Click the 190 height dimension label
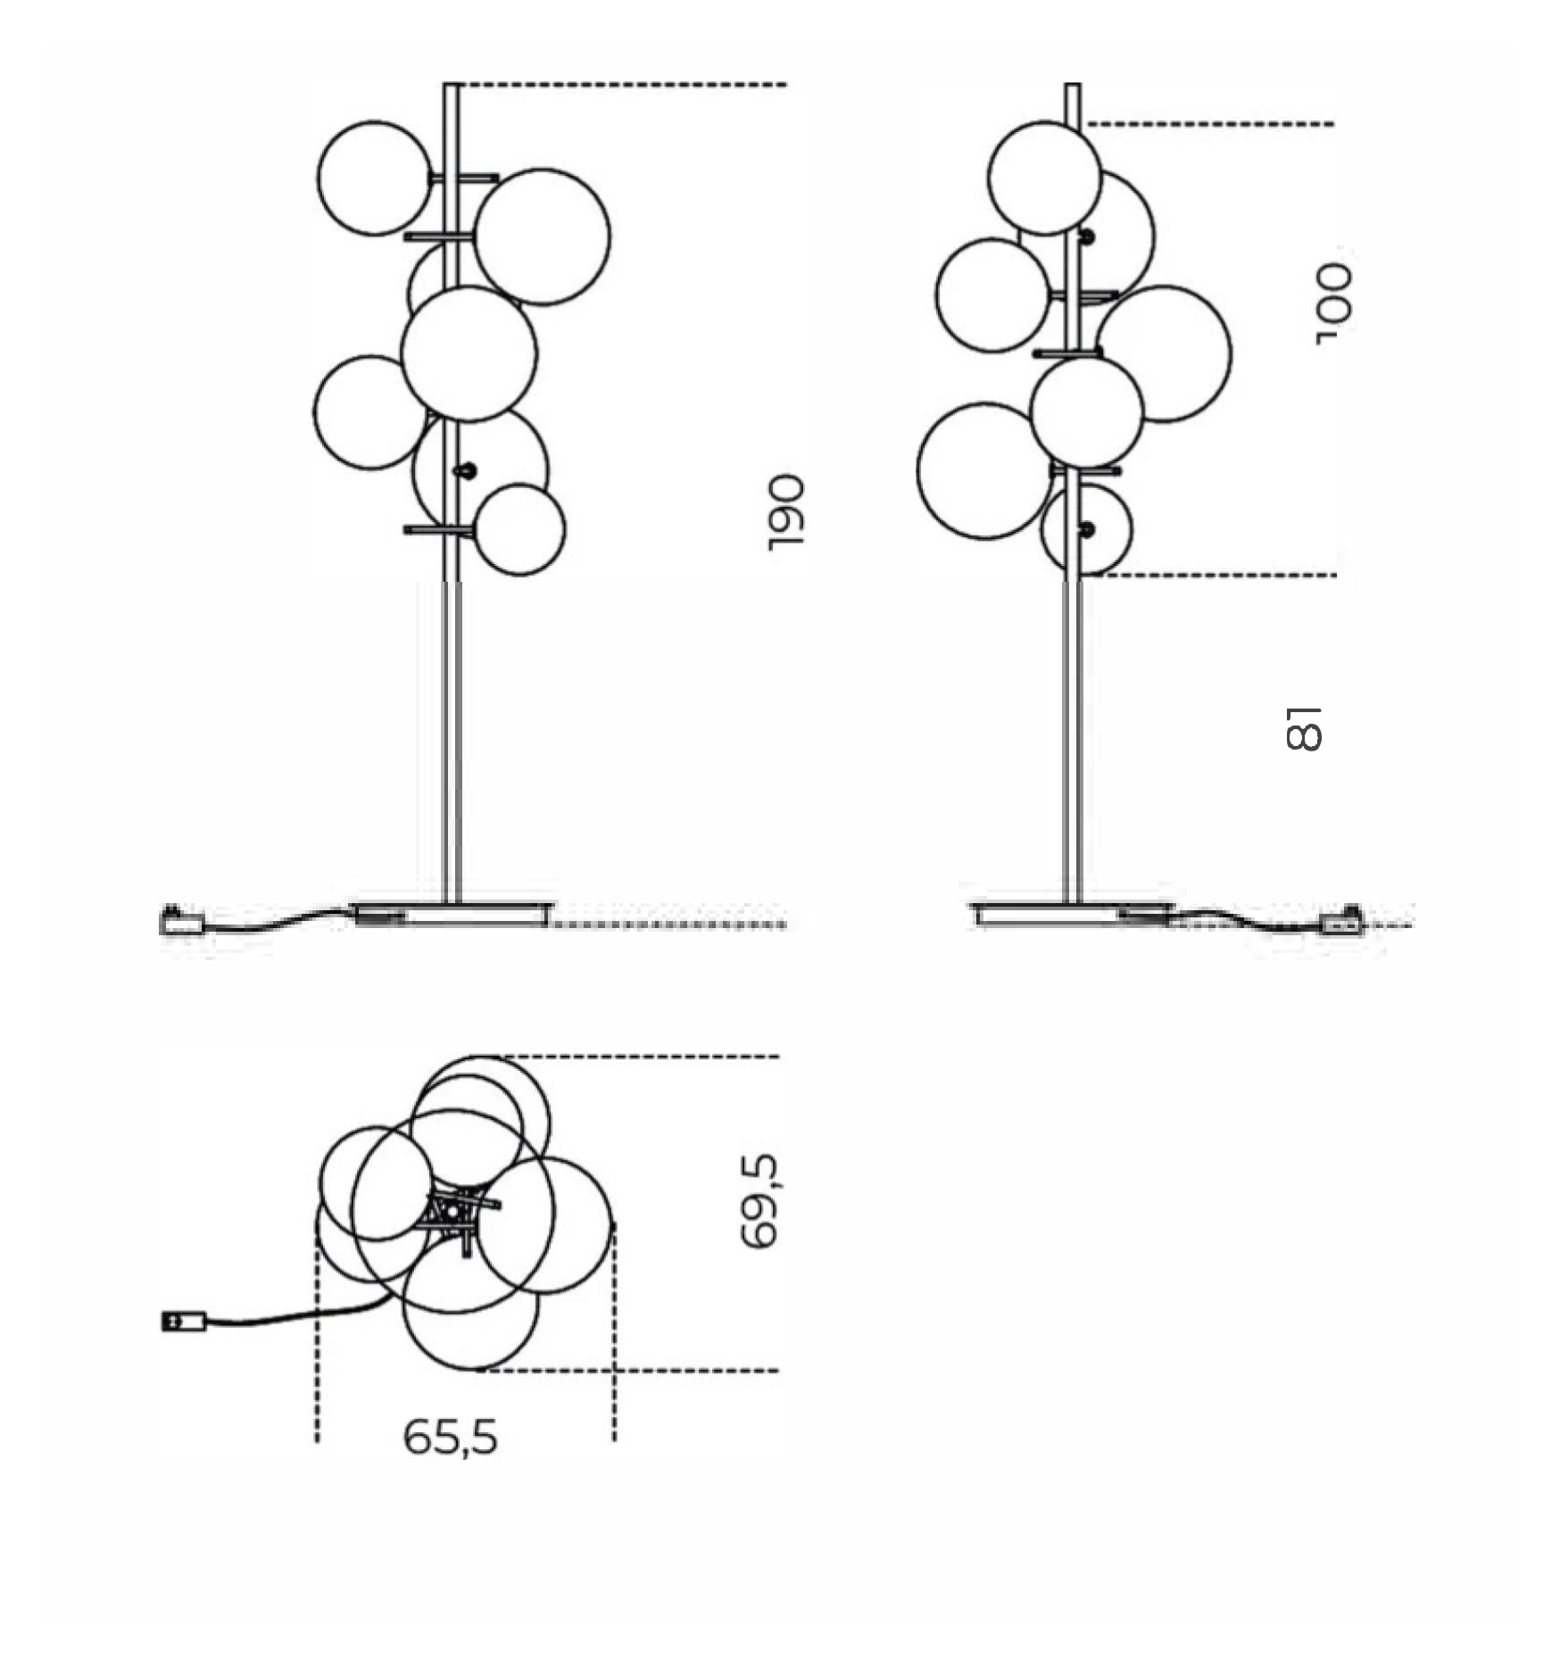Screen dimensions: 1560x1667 pos(786,512)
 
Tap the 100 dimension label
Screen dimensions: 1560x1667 pos(1334,303)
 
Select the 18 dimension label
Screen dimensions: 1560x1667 pos(1303,729)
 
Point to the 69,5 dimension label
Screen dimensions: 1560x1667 pos(759,1201)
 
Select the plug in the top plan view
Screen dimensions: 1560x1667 pos(184,1321)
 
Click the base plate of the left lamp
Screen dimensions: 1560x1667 pos(452,915)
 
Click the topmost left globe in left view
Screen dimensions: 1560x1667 pos(375,178)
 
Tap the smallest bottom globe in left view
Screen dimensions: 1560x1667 pos(519,529)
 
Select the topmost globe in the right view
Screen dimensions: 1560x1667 pos(1044,178)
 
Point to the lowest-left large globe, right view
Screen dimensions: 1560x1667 pos(985,471)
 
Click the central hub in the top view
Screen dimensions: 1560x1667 pos(453,1211)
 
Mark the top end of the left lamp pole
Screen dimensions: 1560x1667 pos(452,85)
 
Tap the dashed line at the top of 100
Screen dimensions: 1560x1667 pos(1211,124)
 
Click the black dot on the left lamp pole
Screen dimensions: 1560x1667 pos(465,470)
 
